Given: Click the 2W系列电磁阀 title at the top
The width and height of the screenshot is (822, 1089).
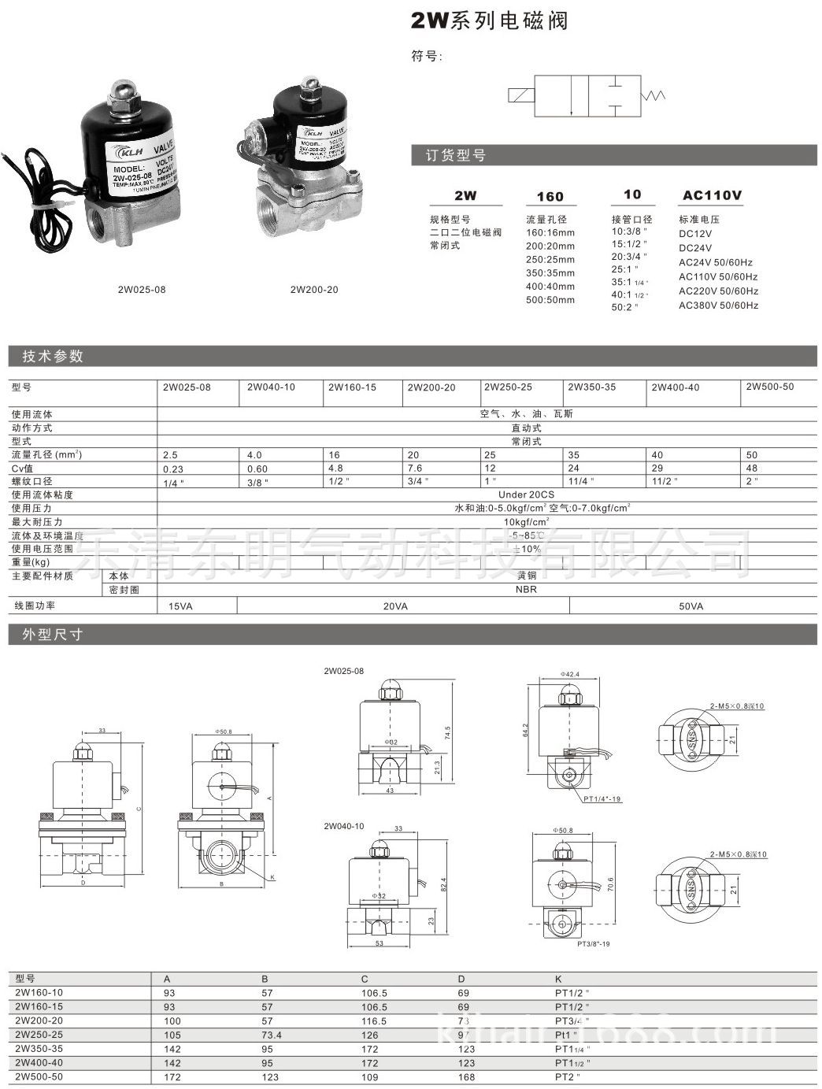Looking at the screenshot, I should (489, 21).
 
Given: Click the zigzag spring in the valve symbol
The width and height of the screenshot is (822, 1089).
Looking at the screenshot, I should (655, 96).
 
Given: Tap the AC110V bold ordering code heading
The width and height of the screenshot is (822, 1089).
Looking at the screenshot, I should (712, 196).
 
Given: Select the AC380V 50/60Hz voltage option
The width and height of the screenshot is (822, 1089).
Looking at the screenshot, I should (718, 305).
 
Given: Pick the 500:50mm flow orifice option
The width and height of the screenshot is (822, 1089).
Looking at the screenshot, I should (550, 300).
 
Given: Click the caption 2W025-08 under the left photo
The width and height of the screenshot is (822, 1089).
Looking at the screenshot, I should (142, 290).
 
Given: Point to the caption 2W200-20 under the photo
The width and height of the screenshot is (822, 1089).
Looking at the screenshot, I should (314, 290).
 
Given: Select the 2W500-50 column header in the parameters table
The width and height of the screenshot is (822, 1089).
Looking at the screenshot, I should (769, 387).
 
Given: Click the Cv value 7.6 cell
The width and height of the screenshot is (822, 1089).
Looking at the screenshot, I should (417, 469).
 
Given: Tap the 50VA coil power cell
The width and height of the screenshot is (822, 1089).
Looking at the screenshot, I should (691, 606).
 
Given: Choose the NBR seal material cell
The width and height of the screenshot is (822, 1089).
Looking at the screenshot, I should (526, 589).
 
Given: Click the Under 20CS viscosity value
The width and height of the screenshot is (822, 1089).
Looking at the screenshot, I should (526, 494).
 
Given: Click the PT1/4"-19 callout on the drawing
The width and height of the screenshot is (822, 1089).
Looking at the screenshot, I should (602, 799).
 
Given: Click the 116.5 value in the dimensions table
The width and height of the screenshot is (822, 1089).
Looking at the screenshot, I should (374, 1021).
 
